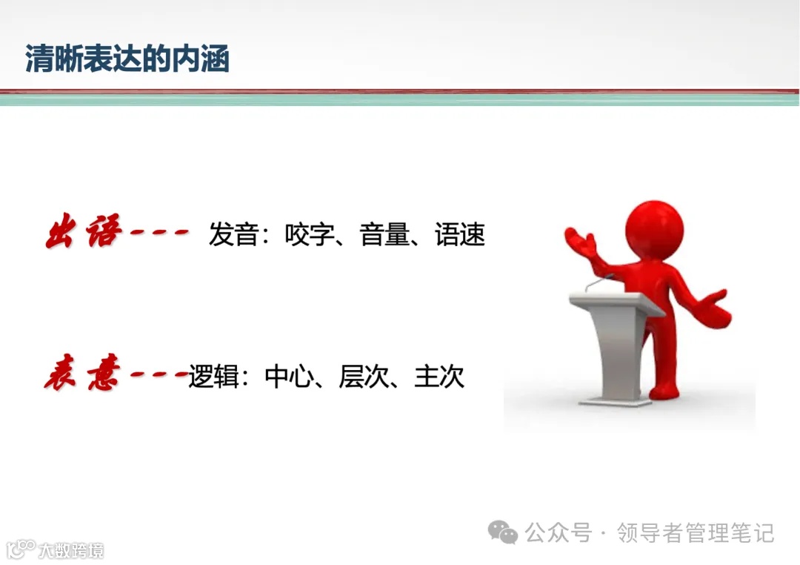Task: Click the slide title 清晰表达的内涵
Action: coord(127,59)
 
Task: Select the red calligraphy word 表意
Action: coord(81,377)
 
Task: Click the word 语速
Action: coord(460,235)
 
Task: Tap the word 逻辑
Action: coord(213,377)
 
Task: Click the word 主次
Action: coord(440,377)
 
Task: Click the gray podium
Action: coord(615,341)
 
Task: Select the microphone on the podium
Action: coord(596,284)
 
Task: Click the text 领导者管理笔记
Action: coord(696,532)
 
